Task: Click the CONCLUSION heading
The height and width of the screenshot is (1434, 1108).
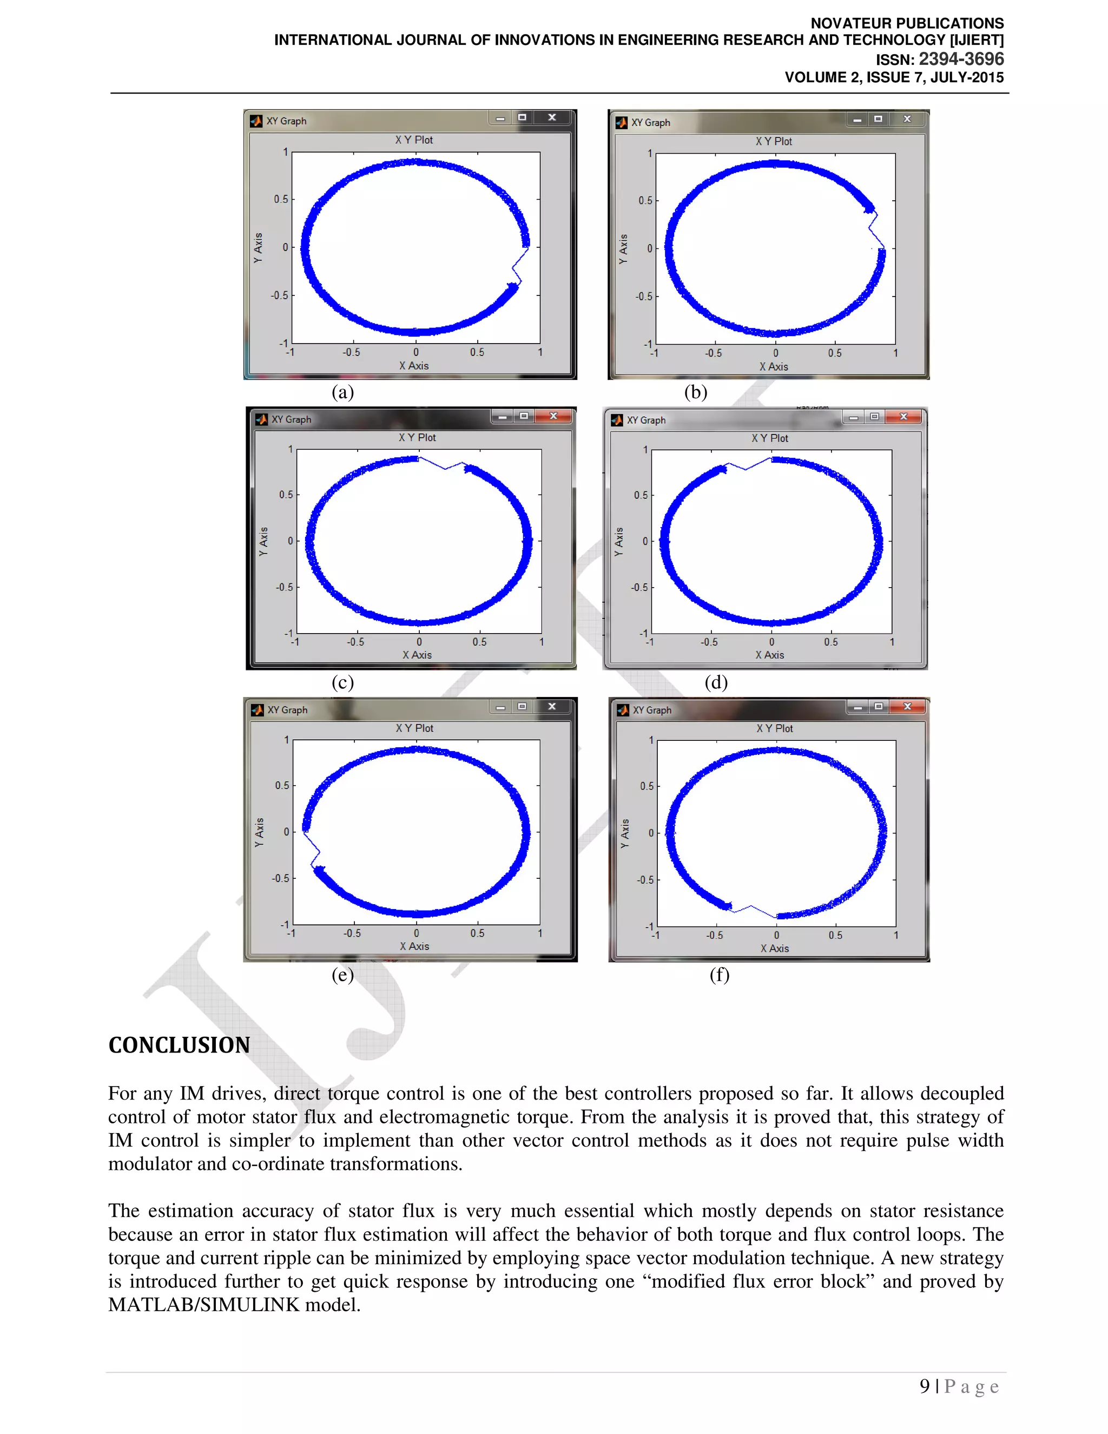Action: [x=179, y=1045]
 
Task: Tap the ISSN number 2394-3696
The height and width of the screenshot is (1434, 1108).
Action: [x=961, y=59]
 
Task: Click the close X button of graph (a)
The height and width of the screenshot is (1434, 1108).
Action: [x=552, y=117]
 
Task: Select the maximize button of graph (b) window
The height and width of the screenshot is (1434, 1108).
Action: [x=878, y=119]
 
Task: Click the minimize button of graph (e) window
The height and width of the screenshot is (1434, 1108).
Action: [x=500, y=707]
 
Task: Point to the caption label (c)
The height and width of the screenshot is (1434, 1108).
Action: [x=342, y=682]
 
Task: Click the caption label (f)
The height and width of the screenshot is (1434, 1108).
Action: [x=720, y=975]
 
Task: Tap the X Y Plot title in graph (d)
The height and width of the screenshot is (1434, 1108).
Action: [x=769, y=438]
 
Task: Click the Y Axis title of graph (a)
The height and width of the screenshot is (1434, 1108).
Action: [x=258, y=247]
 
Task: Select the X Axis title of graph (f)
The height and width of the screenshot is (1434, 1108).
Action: [x=775, y=948]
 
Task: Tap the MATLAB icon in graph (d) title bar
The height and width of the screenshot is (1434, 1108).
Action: [x=617, y=420]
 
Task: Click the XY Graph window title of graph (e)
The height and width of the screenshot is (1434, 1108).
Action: [x=287, y=710]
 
